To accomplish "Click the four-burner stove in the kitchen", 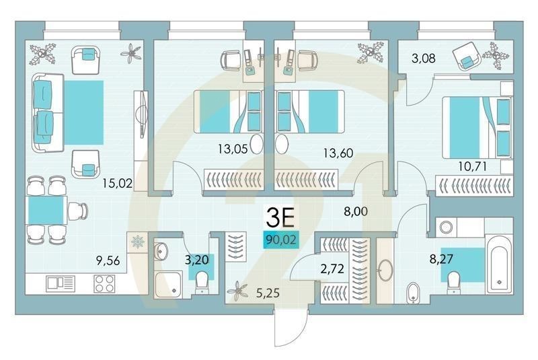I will click(104, 284).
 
